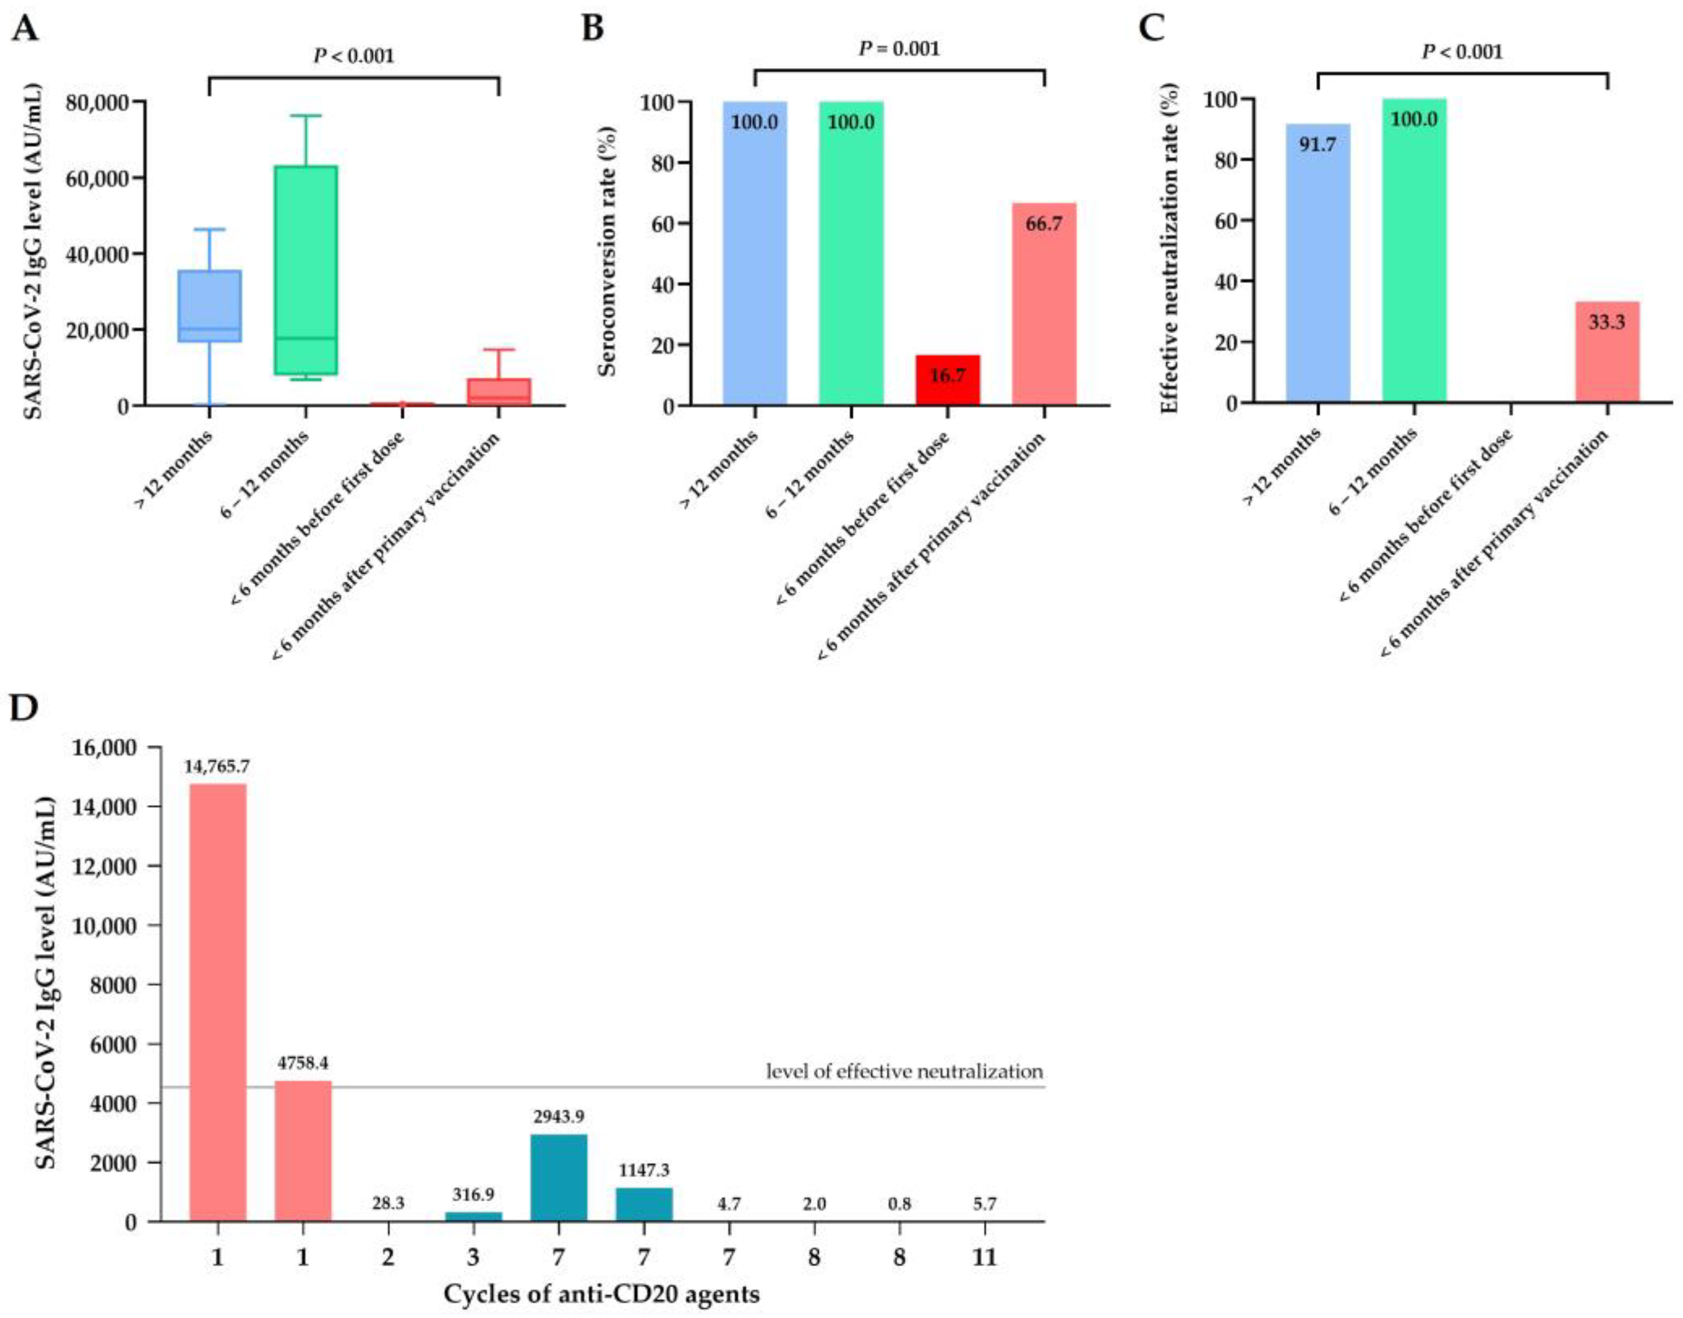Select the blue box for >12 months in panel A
tap(210, 305)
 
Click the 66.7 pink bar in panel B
tap(1043, 304)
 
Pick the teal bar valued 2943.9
tap(558, 1178)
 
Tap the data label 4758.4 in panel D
tap(303, 1063)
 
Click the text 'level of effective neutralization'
tap(904, 1071)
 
